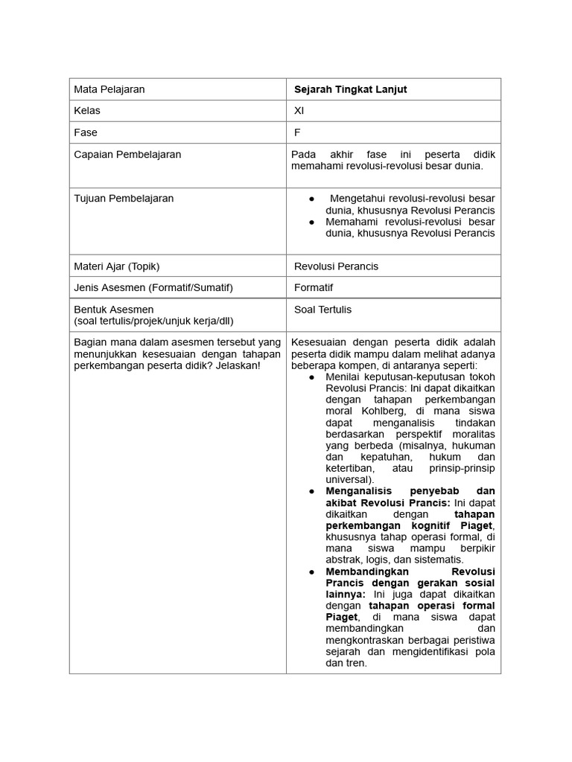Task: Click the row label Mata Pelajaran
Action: (109, 89)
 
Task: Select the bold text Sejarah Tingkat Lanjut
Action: (350, 89)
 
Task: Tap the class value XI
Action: (299, 111)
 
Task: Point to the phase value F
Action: (297, 132)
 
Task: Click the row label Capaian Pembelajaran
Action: (127, 155)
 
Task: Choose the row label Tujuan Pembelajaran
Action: (124, 199)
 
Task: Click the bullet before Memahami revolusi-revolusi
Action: (312, 222)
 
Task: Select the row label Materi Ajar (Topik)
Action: (117, 266)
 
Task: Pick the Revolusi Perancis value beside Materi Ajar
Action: (336, 266)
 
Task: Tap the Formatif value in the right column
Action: (314, 287)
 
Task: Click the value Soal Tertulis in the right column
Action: (322, 310)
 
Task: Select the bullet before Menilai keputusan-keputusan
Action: (312, 377)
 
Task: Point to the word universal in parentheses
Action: (346, 480)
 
